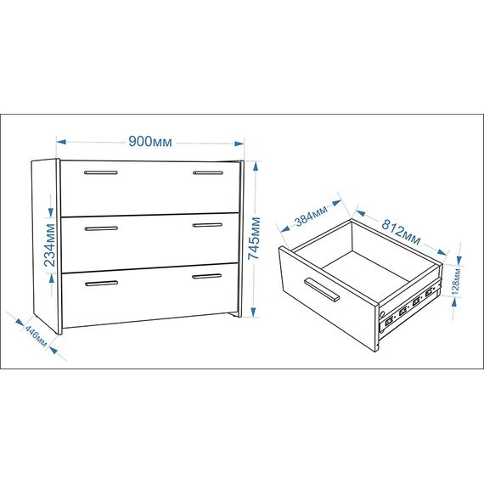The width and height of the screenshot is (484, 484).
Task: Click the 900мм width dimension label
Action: [150, 142]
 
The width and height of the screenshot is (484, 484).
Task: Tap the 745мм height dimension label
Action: [255, 239]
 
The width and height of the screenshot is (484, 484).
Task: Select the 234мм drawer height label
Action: [49, 245]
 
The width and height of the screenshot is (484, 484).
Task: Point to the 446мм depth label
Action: [36, 336]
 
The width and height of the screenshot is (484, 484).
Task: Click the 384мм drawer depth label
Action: [311, 216]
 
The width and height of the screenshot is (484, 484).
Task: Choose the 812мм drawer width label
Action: [401, 231]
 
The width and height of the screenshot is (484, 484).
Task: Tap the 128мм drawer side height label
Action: [456, 281]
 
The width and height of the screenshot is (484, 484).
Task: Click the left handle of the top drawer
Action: [101, 172]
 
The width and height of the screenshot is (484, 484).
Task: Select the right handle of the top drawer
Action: [208, 173]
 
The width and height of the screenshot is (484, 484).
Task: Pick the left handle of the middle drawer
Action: [101, 228]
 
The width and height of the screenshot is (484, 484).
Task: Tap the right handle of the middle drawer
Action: [207, 225]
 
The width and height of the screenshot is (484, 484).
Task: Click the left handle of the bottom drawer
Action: [102, 284]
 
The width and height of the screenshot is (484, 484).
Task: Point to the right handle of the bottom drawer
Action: [207, 276]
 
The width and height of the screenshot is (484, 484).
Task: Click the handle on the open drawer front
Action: [322, 290]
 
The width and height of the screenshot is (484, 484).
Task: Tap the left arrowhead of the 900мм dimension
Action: [61, 142]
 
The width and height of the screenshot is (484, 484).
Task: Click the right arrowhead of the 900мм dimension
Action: [239, 144]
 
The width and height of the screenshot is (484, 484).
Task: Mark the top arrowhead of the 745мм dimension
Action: [255, 166]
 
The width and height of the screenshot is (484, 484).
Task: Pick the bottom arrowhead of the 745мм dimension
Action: [254, 312]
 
